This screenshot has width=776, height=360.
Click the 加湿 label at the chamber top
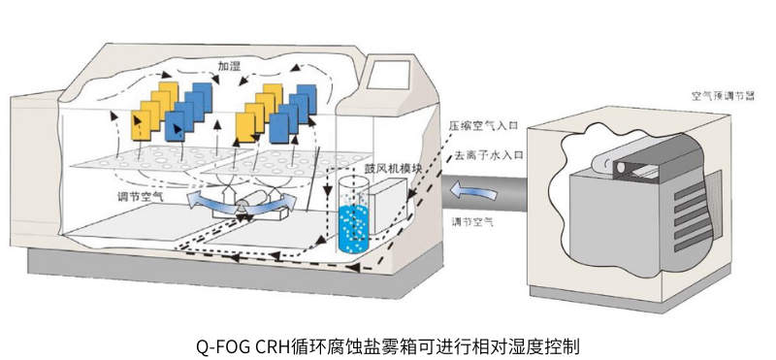pos(229,67)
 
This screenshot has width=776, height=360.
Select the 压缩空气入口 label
pos(484,126)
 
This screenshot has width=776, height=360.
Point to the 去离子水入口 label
pos(484,154)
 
